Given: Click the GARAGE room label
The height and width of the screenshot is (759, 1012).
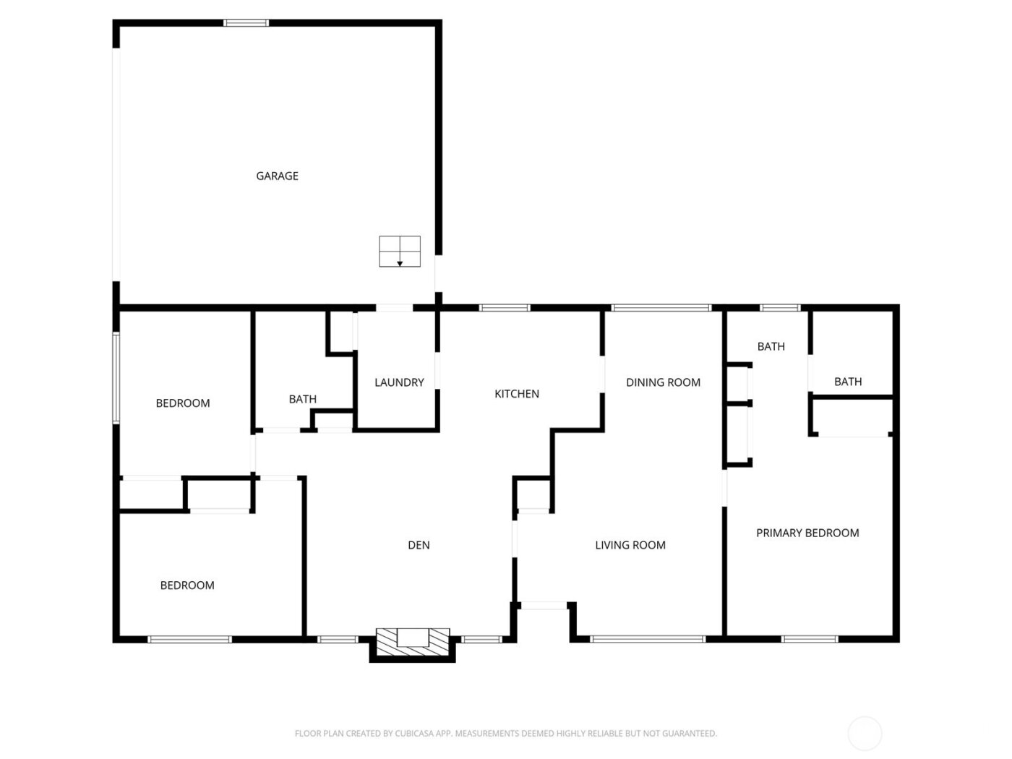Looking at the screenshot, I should tap(277, 176).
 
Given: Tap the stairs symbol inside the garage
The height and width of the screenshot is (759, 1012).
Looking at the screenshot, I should tap(400, 251).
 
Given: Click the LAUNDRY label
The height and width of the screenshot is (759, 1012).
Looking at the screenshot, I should tap(399, 382).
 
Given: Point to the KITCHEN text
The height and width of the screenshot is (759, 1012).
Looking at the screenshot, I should tap(516, 394).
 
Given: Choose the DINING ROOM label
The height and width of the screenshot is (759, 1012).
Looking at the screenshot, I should tap(663, 382).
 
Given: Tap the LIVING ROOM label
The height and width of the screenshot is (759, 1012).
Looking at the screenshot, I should tap(630, 545).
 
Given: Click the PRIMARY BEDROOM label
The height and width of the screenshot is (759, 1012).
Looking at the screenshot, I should tap(807, 533).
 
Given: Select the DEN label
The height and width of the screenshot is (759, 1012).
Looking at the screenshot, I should tap(419, 545).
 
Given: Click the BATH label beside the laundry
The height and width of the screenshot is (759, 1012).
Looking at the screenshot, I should tap(302, 399).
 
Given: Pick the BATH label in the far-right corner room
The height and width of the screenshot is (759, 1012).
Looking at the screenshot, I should tap(848, 382).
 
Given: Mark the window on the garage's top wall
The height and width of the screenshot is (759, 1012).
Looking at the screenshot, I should tap(246, 23).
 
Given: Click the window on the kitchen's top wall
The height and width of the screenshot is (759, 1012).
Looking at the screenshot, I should tap(505, 308).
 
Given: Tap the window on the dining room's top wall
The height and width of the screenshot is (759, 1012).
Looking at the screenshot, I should tap(661, 308).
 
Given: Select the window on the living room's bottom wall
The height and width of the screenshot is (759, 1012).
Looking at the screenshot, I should tap(647, 639).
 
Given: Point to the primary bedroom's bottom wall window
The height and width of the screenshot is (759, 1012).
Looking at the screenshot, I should tap(810, 639).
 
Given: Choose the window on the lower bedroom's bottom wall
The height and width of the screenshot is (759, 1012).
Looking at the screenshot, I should tap(189, 639).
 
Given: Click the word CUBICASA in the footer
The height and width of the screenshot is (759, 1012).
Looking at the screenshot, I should tap(414, 734).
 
